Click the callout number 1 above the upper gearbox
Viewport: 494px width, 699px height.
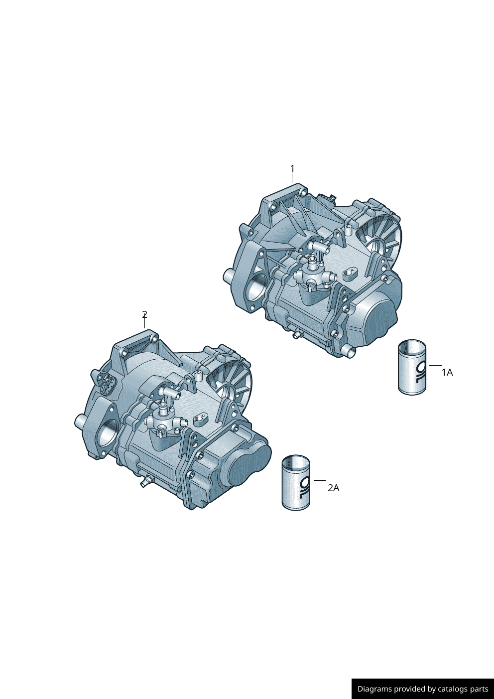[x=292, y=168]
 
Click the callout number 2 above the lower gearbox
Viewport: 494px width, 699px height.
[x=144, y=314]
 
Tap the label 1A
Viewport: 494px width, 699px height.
[x=447, y=372]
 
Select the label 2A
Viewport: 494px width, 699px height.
[x=333, y=488]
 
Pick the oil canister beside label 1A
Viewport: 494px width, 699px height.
[x=412, y=367]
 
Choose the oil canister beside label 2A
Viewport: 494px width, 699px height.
[x=296, y=482]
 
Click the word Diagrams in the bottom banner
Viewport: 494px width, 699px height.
[x=374, y=689]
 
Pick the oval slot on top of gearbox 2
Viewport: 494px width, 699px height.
[x=201, y=418]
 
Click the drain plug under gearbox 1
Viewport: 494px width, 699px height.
[x=297, y=334]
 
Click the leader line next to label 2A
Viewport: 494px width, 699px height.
[x=319, y=481]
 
